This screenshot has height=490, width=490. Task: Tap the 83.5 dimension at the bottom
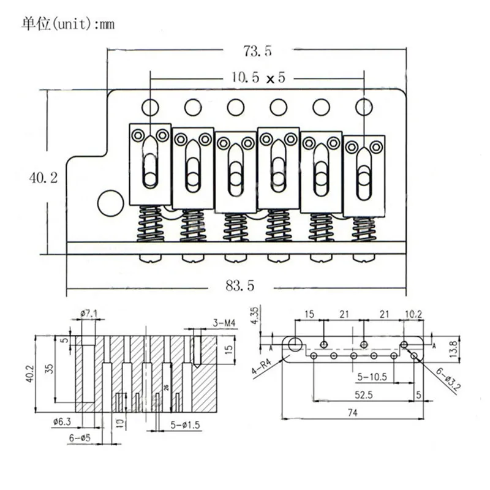[241, 284]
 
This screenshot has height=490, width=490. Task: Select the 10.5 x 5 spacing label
[257, 78]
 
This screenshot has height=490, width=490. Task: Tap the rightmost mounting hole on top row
[364, 107]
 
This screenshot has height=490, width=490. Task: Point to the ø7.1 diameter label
[89, 314]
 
